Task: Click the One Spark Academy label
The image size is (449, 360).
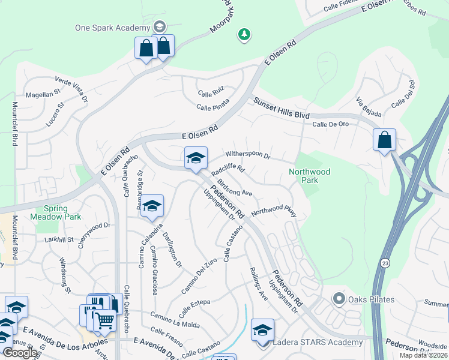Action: [112, 28]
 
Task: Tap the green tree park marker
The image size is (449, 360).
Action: [244, 35]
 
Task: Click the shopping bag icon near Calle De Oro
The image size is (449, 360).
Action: [384, 140]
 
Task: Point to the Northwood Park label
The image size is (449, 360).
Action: [309, 175]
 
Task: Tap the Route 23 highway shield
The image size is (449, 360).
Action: [384, 263]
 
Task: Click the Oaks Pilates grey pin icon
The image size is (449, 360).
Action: [339, 298]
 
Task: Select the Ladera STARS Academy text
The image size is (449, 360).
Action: [318, 343]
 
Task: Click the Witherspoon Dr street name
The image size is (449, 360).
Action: [248, 154]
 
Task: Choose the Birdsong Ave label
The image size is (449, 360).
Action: [235, 188]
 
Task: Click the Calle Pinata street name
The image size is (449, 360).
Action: [213, 107]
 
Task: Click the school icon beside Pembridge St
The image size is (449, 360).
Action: [152, 206]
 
